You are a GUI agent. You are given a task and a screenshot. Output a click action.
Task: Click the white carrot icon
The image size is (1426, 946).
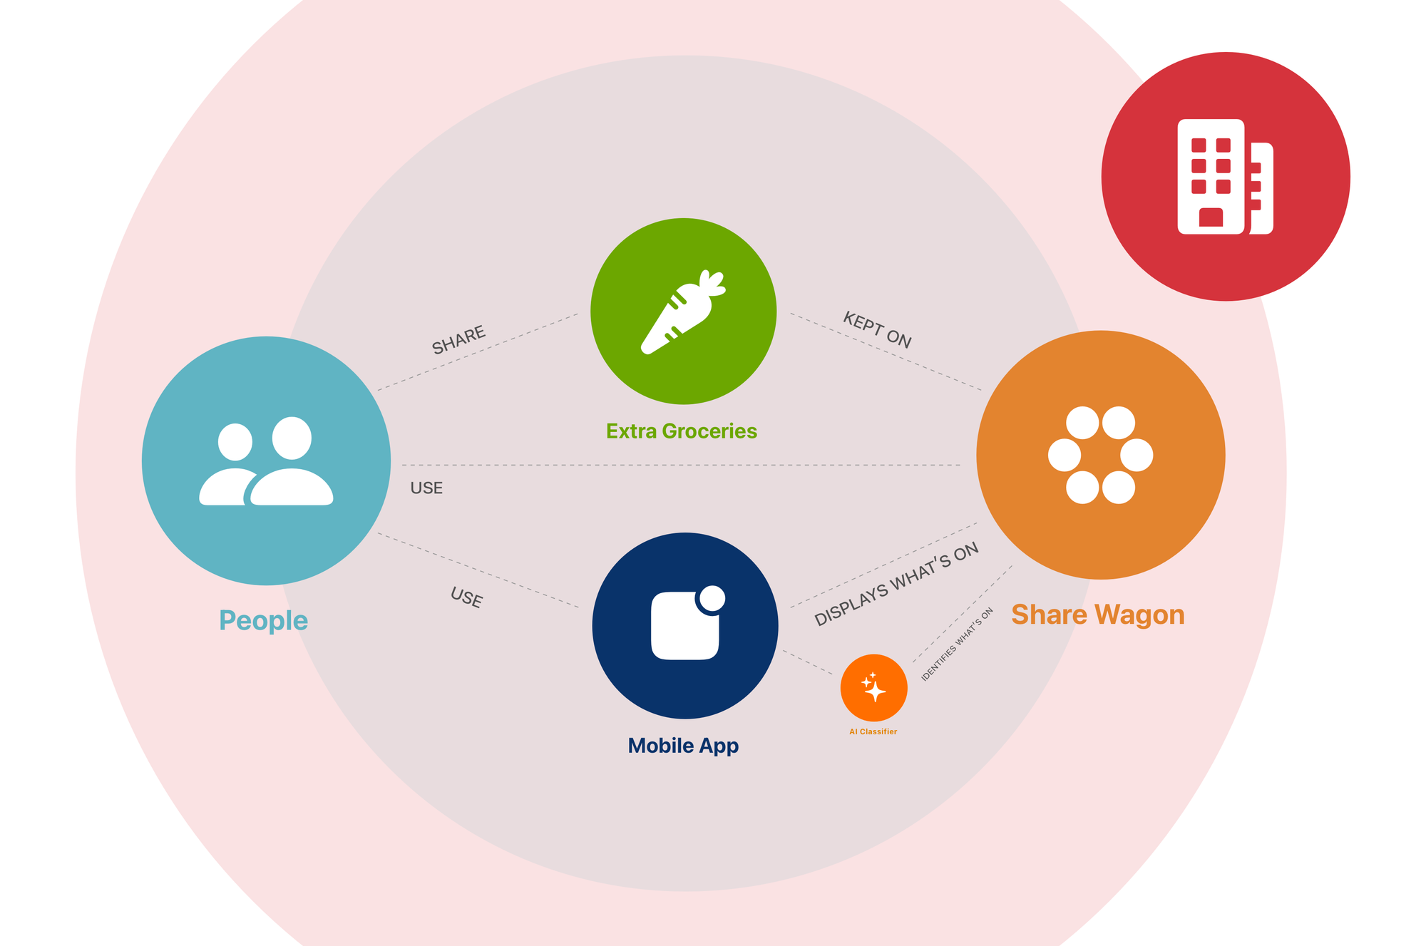(x=683, y=312)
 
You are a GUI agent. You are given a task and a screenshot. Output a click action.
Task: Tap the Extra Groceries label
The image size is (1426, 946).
(x=682, y=431)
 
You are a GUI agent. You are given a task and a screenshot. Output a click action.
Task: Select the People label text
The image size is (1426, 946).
(x=263, y=620)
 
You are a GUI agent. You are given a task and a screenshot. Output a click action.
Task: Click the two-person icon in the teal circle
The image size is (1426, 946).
(x=266, y=461)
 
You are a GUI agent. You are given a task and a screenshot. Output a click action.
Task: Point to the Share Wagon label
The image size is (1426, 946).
(x=1098, y=615)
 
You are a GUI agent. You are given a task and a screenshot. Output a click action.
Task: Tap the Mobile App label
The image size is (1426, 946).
(x=683, y=746)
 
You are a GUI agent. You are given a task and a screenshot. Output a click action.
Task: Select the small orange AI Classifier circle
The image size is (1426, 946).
(x=873, y=688)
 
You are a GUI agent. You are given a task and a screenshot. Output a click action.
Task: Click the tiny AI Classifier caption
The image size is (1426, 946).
(x=873, y=731)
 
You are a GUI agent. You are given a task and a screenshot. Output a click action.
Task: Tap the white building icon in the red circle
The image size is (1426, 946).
(x=1225, y=177)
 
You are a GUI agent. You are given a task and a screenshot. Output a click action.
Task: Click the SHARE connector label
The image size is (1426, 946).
(x=458, y=339)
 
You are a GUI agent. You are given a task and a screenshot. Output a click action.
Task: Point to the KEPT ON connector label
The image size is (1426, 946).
(x=877, y=330)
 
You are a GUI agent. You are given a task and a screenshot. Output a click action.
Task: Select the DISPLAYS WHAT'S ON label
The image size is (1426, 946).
(x=896, y=585)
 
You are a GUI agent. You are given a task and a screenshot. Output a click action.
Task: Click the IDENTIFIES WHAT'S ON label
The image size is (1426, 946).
(x=957, y=644)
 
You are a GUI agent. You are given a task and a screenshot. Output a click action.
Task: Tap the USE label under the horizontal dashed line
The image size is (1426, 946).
(x=426, y=488)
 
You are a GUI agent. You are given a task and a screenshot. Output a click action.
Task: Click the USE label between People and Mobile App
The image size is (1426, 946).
(x=466, y=597)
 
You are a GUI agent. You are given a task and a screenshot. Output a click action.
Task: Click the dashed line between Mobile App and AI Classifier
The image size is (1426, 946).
(x=808, y=662)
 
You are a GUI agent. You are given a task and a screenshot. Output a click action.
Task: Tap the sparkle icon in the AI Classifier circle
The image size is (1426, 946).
(x=873, y=687)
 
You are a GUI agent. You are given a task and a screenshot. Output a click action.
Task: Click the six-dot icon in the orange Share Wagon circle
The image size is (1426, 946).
(x=1100, y=455)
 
